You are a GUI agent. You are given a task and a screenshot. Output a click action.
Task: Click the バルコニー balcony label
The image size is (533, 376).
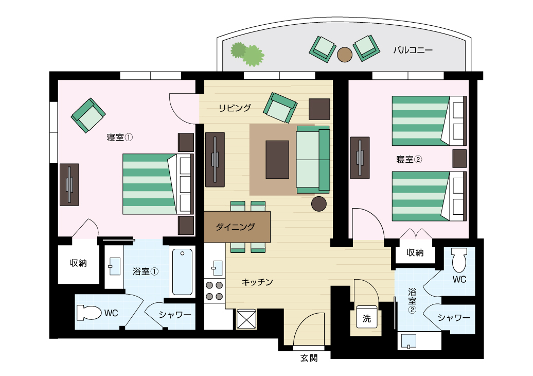(x=413, y=50)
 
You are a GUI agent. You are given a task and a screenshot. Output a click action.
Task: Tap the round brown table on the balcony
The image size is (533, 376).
(x=345, y=55)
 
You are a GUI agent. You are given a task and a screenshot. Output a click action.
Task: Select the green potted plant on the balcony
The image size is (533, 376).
(x=247, y=54)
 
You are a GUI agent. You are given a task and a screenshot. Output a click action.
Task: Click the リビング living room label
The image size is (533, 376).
(x=235, y=108)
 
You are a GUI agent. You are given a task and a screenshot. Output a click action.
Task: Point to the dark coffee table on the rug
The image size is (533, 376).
(x=277, y=160)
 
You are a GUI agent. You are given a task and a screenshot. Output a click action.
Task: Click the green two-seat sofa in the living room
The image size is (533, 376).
(x=313, y=160)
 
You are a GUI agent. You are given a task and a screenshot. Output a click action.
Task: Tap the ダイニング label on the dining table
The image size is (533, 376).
(x=235, y=227)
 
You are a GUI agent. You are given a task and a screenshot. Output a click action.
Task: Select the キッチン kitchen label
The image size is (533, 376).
(x=257, y=282)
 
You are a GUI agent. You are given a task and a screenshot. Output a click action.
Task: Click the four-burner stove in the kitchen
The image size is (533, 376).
(x=215, y=291)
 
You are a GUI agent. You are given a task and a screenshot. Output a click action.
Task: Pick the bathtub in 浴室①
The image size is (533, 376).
(x=182, y=272)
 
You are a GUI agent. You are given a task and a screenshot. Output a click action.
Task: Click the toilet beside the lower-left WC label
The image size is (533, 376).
(x=89, y=313)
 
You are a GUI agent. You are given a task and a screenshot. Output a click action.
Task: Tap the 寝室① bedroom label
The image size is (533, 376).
(x=120, y=138)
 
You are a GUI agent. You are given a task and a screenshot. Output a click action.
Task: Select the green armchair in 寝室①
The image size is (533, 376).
(x=88, y=115)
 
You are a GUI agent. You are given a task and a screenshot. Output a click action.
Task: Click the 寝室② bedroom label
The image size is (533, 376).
(x=410, y=159)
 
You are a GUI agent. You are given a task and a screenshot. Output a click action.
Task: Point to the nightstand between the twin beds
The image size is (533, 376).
(x=459, y=159)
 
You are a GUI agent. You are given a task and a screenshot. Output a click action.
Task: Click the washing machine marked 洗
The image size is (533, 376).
(x=367, y=317)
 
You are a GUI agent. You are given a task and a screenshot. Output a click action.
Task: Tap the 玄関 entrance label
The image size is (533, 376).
(x=309, y=358)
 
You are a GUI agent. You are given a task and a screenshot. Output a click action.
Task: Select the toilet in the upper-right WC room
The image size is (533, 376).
(x=459, y=260)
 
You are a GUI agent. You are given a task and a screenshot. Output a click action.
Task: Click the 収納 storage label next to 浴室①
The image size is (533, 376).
(x=78, y=263)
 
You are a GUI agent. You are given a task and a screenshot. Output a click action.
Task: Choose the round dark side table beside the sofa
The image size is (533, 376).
(x=319, y=204)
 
